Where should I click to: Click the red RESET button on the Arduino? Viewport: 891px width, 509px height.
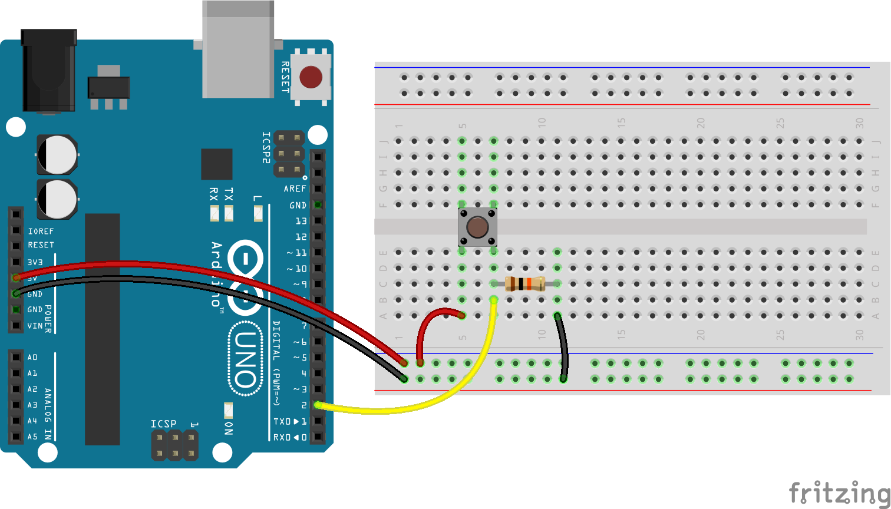(x=311, y=77)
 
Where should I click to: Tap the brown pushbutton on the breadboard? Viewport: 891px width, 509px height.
(x=477, y=227)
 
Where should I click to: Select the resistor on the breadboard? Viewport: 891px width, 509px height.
(x=524, y=284)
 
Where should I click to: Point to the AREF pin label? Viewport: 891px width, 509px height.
(x=295, y=189)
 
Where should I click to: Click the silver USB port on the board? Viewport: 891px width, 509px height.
(x=238, y=49)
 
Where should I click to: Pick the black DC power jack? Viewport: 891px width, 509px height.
(x=48, y=71)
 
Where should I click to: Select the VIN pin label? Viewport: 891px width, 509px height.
(x=35, y=326)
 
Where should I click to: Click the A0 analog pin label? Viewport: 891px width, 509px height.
(x=32, y=358)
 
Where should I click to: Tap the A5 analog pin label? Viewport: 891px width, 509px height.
(x=32, y=437)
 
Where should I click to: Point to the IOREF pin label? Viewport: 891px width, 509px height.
(x=41, y=232)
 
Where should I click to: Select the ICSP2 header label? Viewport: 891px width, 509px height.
(x=266, y=147)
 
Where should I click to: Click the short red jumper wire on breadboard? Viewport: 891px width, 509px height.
(x=433, y=321)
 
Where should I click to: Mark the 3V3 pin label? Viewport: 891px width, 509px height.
(x=35, y=262)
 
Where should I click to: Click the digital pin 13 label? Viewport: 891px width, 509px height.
(x=301, y=221)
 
